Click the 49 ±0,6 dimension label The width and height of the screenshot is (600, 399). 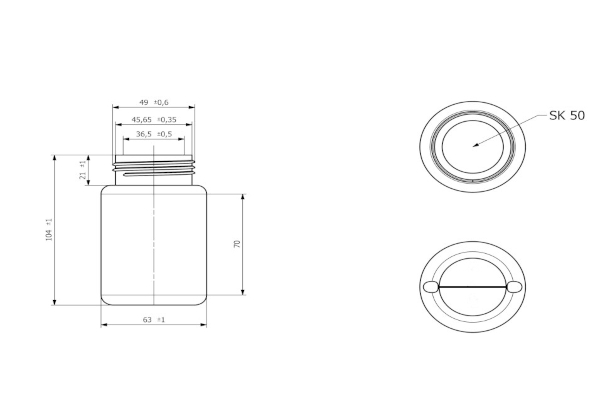tap(153, 103)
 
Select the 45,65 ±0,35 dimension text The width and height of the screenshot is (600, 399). tap(154, 119)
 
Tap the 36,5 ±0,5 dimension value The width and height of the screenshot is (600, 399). tap(154, 134)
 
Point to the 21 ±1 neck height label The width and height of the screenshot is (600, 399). tap(83, 170)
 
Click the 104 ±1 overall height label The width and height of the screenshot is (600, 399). tap(49, 230)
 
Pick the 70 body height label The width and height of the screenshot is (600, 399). tap(237, 244)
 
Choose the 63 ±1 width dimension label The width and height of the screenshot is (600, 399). tap(154, 319)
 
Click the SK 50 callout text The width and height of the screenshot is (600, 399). tap(567, 116)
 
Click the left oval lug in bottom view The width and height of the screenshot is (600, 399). tap(431, 287)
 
